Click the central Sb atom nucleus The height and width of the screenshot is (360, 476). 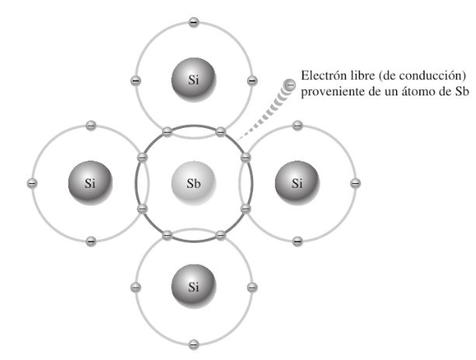[x=193, y=184]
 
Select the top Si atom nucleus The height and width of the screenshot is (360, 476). [x=193, y=79]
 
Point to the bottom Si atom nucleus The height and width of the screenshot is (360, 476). [x=193, y=286]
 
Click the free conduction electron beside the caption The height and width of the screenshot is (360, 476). [x=289, y=84]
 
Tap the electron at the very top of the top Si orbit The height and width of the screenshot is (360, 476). [x=193, y=22]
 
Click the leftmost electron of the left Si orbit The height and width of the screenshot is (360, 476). [x=32, y=183]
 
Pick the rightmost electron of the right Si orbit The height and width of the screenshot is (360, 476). [x=356, y=183]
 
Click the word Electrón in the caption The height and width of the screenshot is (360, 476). [x=319, y=78]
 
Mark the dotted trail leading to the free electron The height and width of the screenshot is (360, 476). [x=261, y=114]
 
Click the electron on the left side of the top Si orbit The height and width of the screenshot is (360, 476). [x=136, y=80]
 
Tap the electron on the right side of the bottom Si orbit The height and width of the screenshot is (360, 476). [x=252, y=287]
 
